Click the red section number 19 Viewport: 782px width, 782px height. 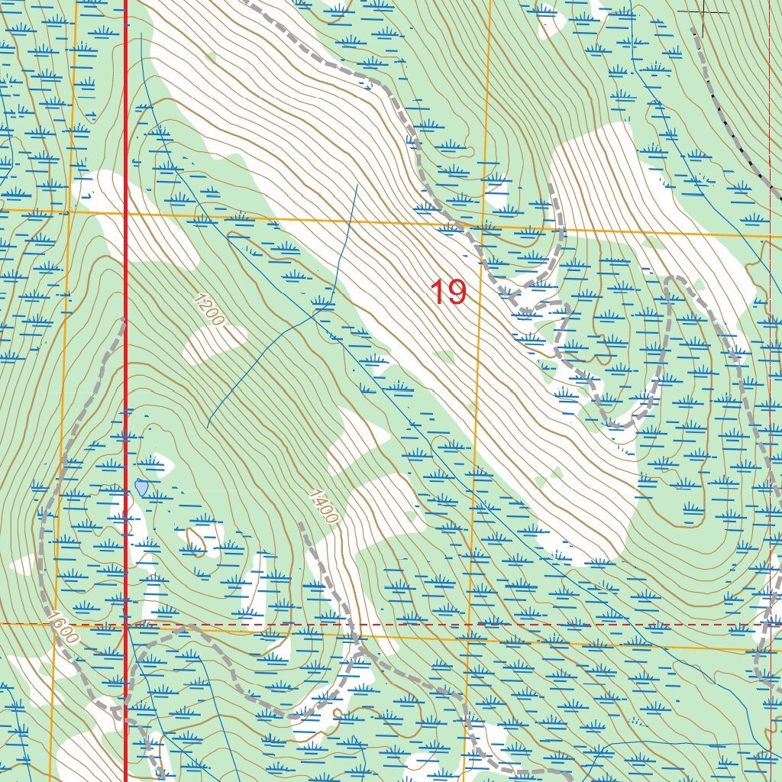(448, 292)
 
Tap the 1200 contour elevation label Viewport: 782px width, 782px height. (208, 309)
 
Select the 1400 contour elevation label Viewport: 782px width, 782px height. (323, 506)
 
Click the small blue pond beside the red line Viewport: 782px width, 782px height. (141, 486)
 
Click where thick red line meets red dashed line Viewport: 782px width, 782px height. (126, 624)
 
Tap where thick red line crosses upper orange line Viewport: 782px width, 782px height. (126, 214)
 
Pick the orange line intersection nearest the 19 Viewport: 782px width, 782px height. (482, 225)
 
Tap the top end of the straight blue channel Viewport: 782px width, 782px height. (357, 185)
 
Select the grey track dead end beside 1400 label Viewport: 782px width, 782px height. (302, 525)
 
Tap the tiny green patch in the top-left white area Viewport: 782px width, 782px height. (211, 57)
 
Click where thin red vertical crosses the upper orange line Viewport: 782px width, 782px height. (770, 237)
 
